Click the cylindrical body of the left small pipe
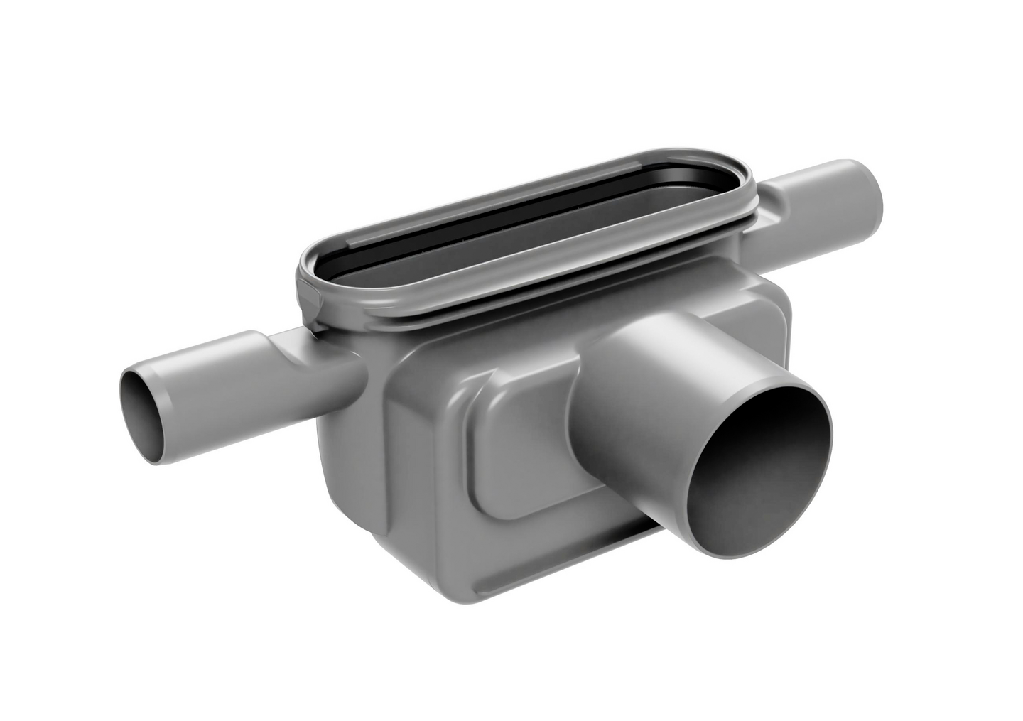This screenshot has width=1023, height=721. (213, 398)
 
